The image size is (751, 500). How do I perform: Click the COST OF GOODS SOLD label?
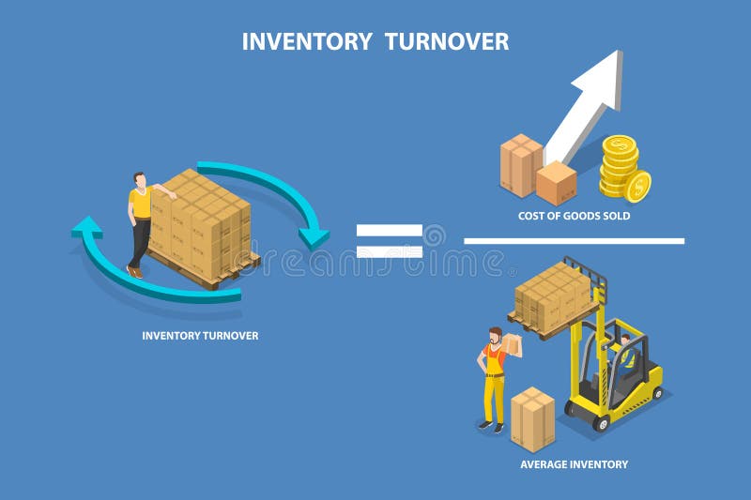click(x=574, y=216)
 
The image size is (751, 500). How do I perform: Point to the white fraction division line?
click(x=574, y=241)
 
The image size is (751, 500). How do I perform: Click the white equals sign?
click(x=389, y=240)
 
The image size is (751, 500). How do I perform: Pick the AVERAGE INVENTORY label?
click(x=574, y=464)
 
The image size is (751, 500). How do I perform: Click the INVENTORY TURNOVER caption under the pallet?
click(x=200, y=335)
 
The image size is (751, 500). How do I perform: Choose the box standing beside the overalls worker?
click(x=532, y=418)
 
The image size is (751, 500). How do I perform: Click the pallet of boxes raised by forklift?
click(x=554, y=295)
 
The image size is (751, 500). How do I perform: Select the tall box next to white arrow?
click(x=521, y=164)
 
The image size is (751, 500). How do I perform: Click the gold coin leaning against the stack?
click(x=638, y=186)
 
